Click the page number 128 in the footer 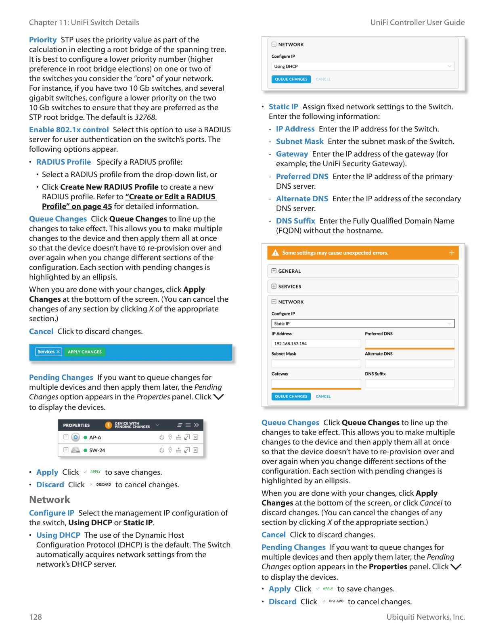(x=36, y=617)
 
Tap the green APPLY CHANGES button (x=85, y=352)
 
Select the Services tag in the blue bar (x=48, y=352)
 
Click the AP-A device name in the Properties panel (x=95, y=437)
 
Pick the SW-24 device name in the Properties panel (x=97, y=450)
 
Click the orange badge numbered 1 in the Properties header (x=108, y=425)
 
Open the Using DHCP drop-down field (x=363, y=67)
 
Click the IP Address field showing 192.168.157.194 (x=316, y=344)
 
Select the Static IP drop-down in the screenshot (x=363, y=324)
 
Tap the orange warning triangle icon (x=276, y=253)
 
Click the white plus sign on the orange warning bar (x=452, y=253)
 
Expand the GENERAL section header (x=289, y=271)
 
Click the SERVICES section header (x=289, y=286)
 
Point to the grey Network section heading (x=50, y=500)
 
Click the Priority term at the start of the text (x=43, y=40)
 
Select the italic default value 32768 (x=145, y=117)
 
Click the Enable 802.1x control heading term (x=69, y=130)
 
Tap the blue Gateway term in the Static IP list (x=292, y=154)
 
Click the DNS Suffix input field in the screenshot (x=409, y=384)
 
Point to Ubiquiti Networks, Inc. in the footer (x=425, y=617)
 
